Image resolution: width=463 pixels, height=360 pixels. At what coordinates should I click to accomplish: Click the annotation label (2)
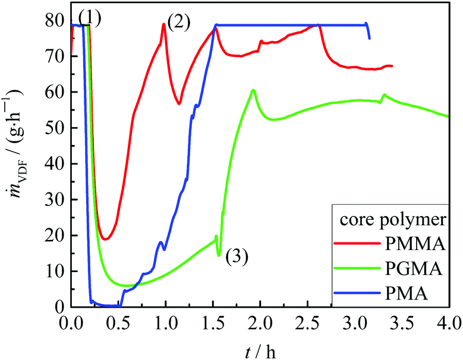pyautogui.click(x=178, y=23)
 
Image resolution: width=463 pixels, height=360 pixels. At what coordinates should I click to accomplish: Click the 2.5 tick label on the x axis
pyautogui.click(x=307, y=323)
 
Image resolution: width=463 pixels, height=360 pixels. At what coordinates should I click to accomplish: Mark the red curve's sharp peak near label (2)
pyautogui.click(x=163, y=24)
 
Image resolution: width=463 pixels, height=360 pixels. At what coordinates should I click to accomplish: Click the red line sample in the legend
pyautogui.click(x=355, y=244)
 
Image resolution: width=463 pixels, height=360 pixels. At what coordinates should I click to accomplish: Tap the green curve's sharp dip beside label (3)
pyautogui.click(x=219, y=255)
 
